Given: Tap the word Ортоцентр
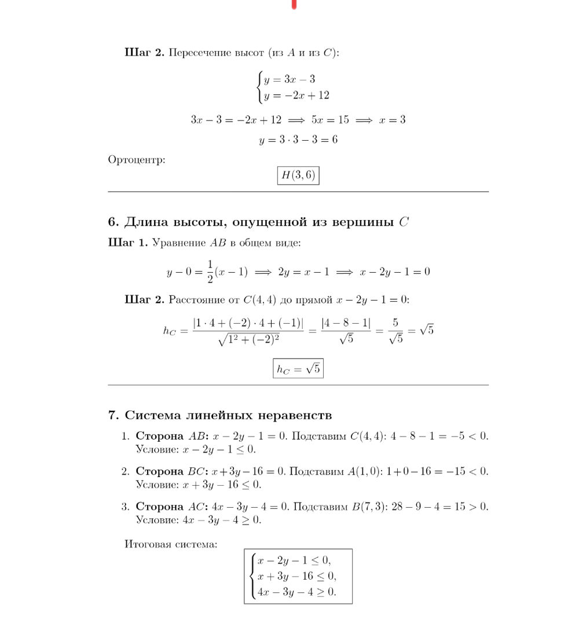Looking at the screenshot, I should (137, 159).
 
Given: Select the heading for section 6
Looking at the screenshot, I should (259, 222).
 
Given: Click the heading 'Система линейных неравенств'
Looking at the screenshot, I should (220, 415).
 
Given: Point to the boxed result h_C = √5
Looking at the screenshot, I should (298, 369).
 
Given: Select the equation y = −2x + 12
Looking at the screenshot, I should (296, 96).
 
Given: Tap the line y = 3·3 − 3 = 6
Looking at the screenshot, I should (298, 140).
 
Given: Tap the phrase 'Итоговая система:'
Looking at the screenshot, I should (171, 544).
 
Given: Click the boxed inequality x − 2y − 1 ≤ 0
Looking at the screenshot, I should (295, 560).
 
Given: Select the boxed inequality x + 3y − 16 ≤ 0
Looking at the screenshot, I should (296, 576).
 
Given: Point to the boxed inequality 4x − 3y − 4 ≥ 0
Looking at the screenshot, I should (296, 592).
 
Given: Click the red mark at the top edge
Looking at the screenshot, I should (295, 5).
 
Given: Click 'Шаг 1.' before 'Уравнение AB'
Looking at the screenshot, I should (128, 243).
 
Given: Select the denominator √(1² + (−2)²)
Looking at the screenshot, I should (250, 340).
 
